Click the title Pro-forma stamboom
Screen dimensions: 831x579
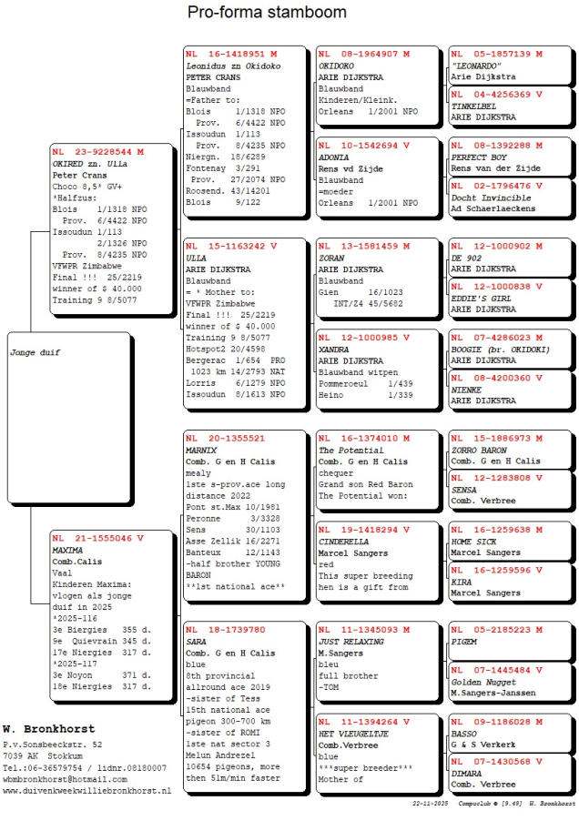pyautogui.click(x=267, y=13)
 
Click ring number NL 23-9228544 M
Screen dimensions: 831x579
pyautogui.click(x=97, y=151)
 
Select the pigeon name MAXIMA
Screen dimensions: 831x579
pyautogui.click(x=67, y=551)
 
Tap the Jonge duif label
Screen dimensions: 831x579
pyautogui.click(x=35, y=351)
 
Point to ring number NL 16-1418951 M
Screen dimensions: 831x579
pyautogui.click(x=231, y=54)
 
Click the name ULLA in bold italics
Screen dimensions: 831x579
pyautogui.click(x=196, y=258)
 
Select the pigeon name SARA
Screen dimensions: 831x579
pyautogui.click(x=196, y=641)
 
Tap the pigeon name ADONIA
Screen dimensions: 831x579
pyautogui.click(x=333, y=157)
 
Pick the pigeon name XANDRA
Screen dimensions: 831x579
pyautogui.click(x=333, y=350)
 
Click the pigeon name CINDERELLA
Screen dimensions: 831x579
pyautogui.click(x=343, y=541)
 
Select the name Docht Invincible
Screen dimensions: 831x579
pyautogui.click(x=489, y=197)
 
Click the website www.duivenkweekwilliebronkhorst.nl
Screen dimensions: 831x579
pyautogui.click(x=86, y=791)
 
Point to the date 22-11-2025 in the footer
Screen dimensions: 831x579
pyautogui.click(x=431, y=804)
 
